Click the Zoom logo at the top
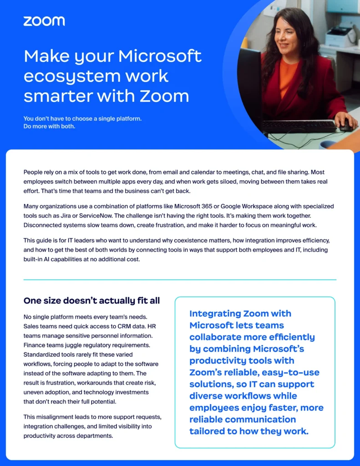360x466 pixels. click(x=44, y=20)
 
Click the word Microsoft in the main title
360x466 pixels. click(x=160, y=56)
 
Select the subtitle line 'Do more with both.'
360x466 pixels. click(x=49, y=126)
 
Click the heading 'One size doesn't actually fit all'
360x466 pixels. click(x=91, y=301)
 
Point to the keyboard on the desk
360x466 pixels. click(x=298, y=126)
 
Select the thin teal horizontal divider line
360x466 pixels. click(x=180, y=279)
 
